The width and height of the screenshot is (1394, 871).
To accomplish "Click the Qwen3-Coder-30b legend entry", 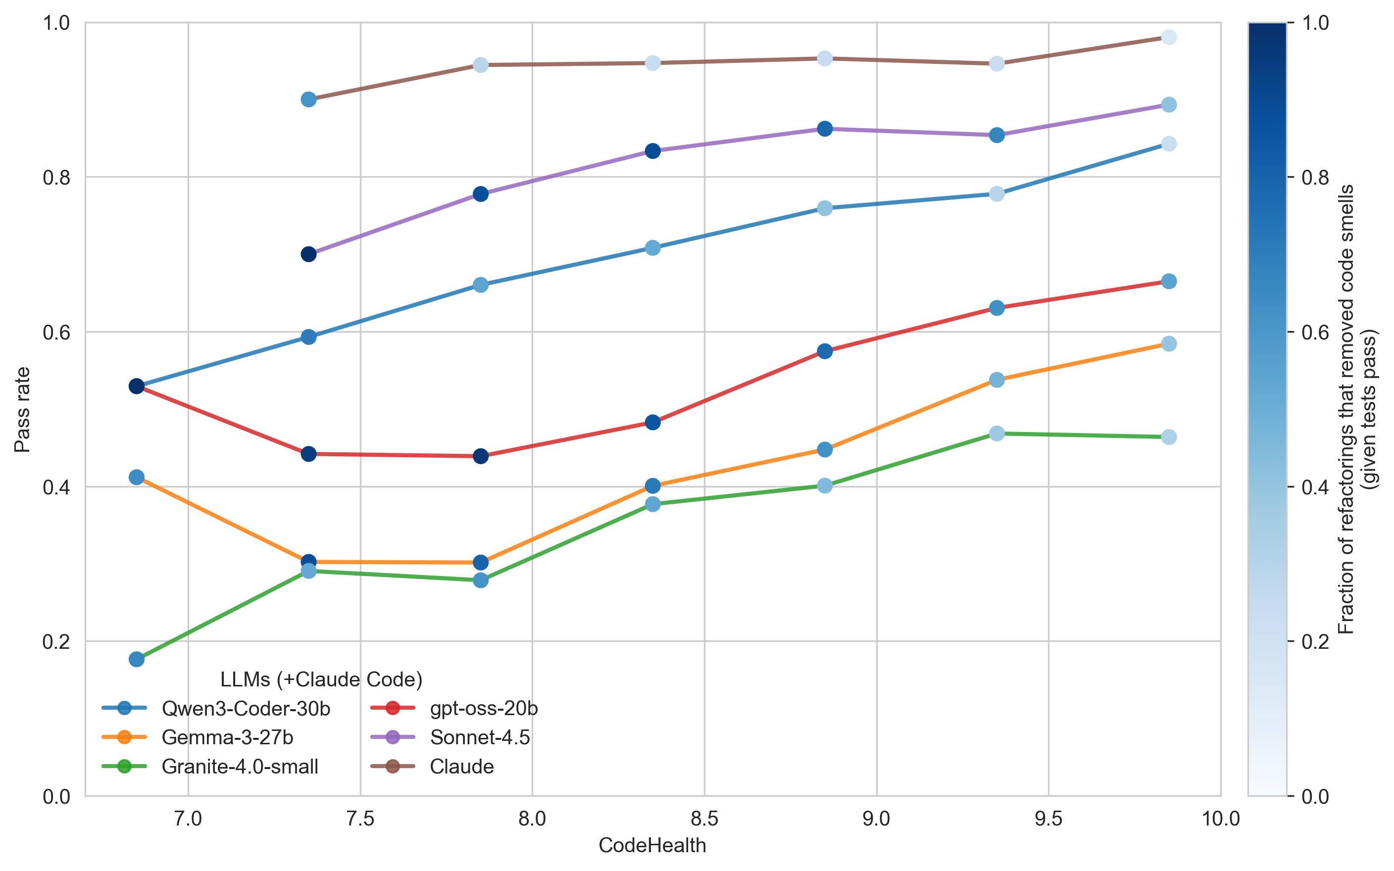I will tap(246, 709).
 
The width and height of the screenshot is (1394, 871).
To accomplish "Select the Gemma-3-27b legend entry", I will tap(228, 737).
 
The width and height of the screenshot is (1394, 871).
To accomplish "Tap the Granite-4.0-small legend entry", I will tap(240, 767).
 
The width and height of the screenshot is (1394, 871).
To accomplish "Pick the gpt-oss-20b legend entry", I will tap(483, 709).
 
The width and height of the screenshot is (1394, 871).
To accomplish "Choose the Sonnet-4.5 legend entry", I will tap(479, 737).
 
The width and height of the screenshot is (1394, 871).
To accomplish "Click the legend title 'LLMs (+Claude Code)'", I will tap(321, 680).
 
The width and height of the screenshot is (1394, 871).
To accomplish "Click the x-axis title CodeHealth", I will tap(652, 845).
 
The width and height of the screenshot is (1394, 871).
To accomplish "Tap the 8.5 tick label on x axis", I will tap(704, 819).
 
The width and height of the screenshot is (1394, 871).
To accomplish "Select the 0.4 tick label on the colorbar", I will tap(1316, 487).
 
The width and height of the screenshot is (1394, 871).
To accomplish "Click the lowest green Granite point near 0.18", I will tap(137, 659).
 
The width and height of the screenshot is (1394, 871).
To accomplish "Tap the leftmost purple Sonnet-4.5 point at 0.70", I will tap(309, 254).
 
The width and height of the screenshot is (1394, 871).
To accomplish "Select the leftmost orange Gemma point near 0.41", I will tap(137, 477).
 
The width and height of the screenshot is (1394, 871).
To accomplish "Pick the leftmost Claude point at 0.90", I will tap(309, 99).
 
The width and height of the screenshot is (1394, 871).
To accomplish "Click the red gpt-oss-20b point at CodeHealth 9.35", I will tap(996, 308).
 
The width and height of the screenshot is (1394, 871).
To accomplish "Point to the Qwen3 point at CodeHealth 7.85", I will tap(480, 285).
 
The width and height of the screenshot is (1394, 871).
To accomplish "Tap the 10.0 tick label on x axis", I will tap(1220, 819).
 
